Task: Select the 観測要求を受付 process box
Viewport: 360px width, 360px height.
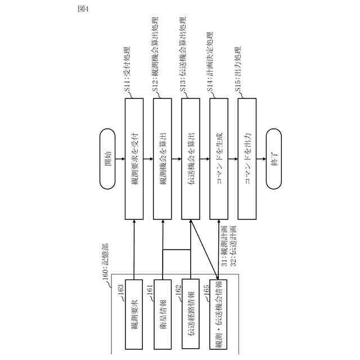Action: (x=134, y=159)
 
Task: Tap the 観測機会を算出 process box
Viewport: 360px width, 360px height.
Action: (x=163, y=159)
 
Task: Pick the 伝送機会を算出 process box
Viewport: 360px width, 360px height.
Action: (x=191, y=159)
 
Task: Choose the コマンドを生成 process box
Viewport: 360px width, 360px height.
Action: (x=219, y=159)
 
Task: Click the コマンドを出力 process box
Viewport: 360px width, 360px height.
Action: (x=247, y=159)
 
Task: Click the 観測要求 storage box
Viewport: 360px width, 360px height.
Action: (x=134, y=313)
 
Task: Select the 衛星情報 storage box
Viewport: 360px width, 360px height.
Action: (x=163, y=313)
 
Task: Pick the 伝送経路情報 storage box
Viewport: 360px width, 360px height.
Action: (x=191, y=313)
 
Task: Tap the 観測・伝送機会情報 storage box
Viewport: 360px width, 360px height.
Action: (x=219, y=313)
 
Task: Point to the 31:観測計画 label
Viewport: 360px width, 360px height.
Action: (x=224, y=243)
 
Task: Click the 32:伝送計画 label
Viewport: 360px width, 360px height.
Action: (x=231, y=243)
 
